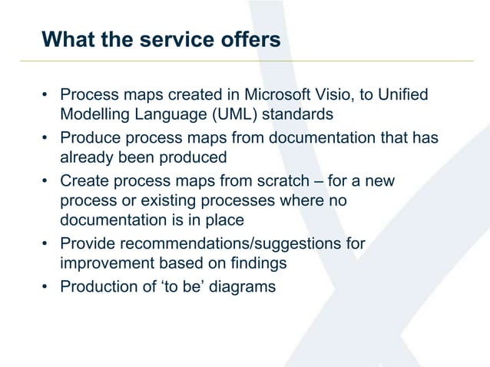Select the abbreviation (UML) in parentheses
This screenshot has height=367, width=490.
(x=224, y=115)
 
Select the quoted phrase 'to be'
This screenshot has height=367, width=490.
(x=183, y=288)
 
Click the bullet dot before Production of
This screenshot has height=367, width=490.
(x=45, y=289)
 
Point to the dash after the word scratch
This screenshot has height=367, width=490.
(x=322, y=182)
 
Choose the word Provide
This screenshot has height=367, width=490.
(x=87, y=245)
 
